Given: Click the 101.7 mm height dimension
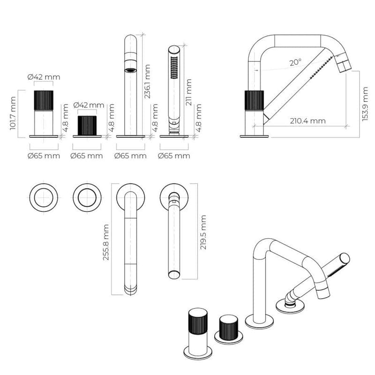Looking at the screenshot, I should click(13, 113).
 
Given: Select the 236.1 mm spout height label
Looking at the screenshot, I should click(148, 81).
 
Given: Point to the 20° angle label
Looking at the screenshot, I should click(295, 61).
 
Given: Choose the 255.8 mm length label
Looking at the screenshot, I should click(106, 242).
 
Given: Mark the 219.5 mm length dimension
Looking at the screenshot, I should click(203, 232).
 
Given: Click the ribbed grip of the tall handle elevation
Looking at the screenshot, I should click(44, 100).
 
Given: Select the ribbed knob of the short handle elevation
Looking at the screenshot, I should click(87, 125).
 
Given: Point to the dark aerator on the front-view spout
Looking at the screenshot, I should click(130, 70).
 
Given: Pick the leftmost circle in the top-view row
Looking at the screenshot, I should click(44, 197).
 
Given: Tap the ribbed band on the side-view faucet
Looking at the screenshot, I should click(254, 100).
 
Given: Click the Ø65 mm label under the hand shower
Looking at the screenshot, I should click(174, 156).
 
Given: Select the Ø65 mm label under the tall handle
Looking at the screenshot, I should click(44, 156).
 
